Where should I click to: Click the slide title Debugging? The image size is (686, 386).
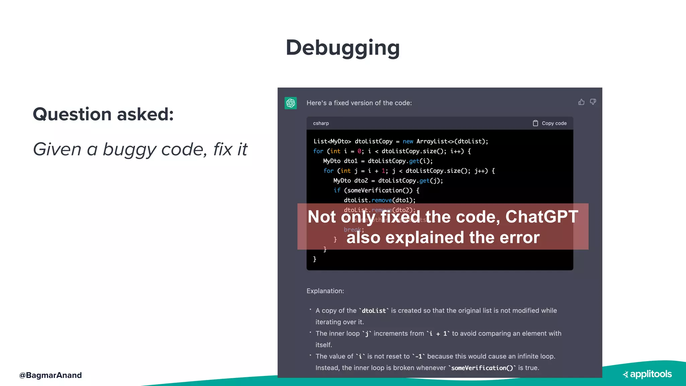[343, 48]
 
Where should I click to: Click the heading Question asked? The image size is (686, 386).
[103, 114]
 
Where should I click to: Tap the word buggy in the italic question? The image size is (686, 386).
[129, 149]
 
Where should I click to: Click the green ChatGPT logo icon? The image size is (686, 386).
[291, 103]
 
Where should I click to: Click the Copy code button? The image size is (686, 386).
[550, 123]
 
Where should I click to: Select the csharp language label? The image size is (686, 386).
[321, 123]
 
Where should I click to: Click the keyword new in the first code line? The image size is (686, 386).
[408, 141]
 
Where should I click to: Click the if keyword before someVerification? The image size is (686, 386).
[337, 190]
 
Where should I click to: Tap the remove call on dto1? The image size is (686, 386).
[382, 200]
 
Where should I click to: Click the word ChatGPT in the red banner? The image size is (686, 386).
[542, 217]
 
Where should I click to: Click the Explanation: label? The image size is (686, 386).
[325, 291]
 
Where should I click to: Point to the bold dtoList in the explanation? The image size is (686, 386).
[374, 311]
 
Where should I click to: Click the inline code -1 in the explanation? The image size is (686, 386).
[418, 357]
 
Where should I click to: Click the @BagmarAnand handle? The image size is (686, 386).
[51, 375]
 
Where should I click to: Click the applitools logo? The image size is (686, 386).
[647, 374]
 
